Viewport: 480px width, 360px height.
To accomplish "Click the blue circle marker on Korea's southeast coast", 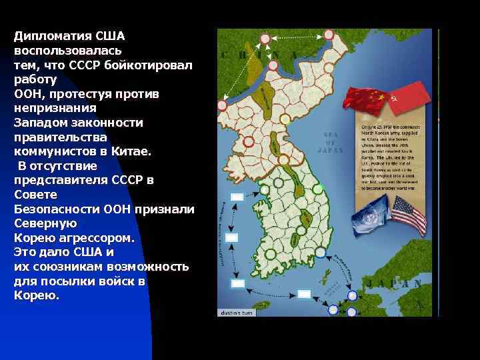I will tap(321, 253).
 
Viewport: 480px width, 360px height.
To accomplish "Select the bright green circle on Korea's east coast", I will tap(317, 189).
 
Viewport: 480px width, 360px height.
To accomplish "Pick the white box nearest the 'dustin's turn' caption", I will tap(237, 283).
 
